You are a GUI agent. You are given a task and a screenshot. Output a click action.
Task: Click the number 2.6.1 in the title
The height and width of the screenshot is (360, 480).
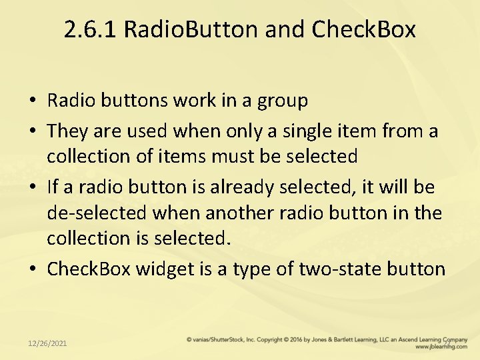(91, 29)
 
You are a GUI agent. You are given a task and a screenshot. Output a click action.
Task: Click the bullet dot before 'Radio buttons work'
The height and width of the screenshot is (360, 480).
(32, 101)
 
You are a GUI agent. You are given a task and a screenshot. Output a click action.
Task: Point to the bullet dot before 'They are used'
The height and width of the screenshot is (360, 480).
(32, 131)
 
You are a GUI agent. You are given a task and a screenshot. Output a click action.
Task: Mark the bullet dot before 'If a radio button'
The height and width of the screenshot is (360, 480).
(32, 187)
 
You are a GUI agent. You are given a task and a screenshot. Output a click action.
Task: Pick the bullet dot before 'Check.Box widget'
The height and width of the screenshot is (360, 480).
(32, 269)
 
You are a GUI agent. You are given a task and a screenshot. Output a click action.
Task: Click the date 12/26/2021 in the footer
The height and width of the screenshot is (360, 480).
(47, 343)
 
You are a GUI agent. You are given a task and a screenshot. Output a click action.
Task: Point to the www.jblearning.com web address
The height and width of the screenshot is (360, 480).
(440, 347)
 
